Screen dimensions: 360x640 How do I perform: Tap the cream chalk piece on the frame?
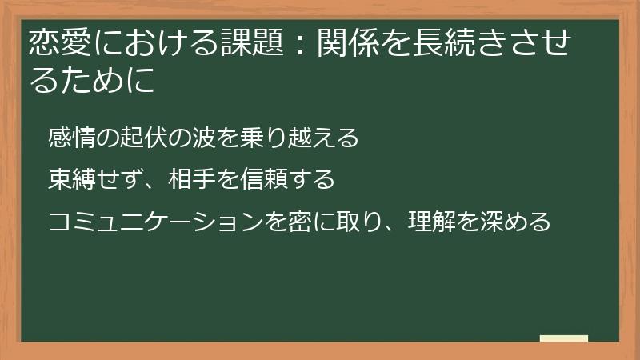click(x=563, y=338)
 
